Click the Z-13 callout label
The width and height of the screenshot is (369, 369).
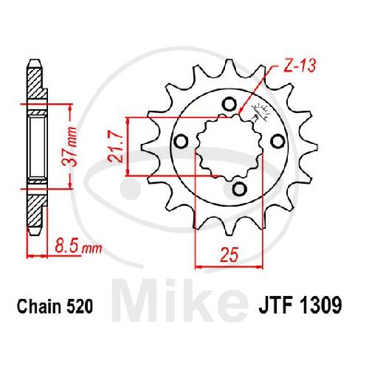click(x=300, y=65)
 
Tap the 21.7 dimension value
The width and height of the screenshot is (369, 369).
click(x=115, y=147)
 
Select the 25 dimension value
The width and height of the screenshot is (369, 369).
click(x=230, y=255)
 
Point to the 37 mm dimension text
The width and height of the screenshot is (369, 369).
click(x=69, y=147)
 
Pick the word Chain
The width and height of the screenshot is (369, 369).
click(x=39, y=306)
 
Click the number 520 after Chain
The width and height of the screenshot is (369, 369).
click(x=79, y=306)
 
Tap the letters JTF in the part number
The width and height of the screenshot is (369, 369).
click(x=275, y=306)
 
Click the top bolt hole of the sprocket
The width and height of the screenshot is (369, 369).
click(x=230, y=104)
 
